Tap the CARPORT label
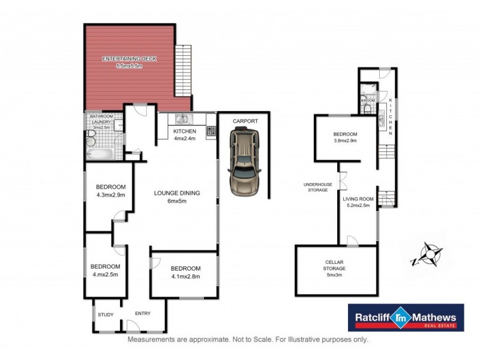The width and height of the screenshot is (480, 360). coord(246,121)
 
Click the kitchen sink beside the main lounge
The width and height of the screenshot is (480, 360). coord(182,119)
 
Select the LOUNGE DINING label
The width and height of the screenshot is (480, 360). coord(176,193)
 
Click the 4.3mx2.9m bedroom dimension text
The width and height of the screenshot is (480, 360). coord(110,195)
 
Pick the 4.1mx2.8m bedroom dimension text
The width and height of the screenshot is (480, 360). coord(185,277)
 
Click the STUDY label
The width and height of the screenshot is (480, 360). coord(105,313)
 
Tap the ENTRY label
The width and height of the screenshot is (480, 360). coord(142,313)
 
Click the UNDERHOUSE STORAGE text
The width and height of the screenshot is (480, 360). coord(316,187)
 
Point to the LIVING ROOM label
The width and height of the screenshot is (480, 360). coord(358,199)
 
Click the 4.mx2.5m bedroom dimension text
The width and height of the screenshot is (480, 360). coord(105,275)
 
